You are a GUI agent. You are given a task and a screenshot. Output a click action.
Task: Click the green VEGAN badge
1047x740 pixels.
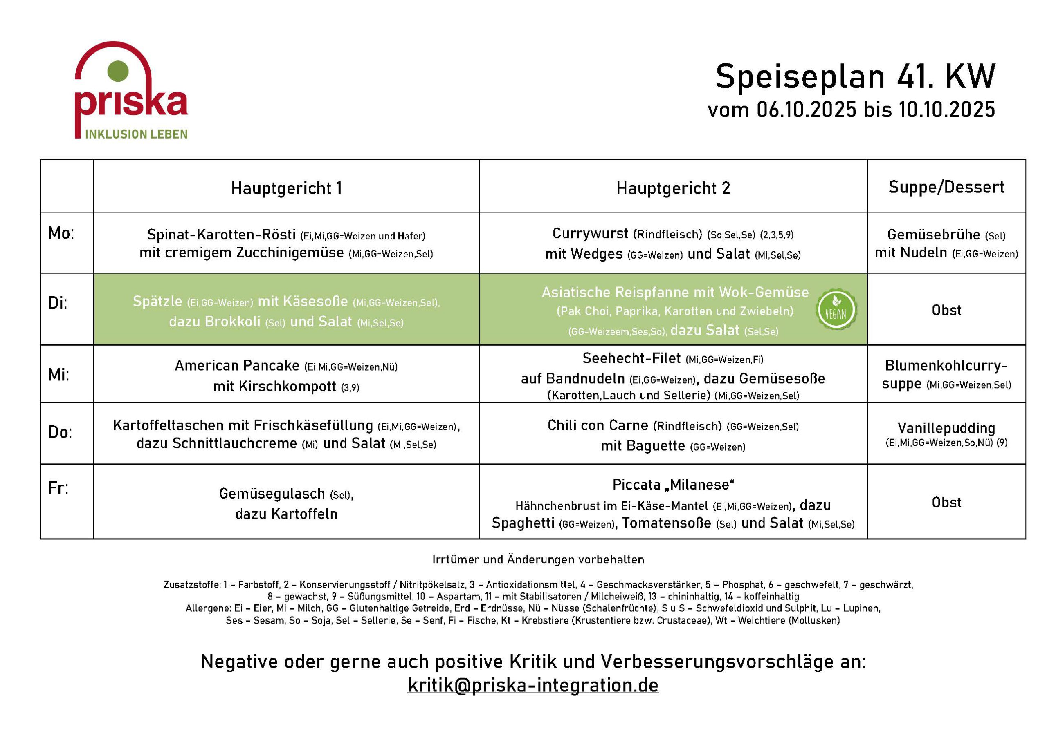coord(836,309)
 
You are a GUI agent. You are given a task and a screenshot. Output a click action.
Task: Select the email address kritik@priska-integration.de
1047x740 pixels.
coord(533,685)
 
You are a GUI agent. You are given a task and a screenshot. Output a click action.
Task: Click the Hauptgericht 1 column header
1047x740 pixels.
coord(286,188)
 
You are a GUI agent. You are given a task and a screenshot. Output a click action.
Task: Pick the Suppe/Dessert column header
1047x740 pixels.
coord(946,187)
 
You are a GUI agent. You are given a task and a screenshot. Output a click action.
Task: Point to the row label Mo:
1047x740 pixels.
coord(61,233)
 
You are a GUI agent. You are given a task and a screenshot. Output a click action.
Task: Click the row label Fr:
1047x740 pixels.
coord(58,487)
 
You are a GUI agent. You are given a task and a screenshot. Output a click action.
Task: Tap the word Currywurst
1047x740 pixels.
coord(590,233)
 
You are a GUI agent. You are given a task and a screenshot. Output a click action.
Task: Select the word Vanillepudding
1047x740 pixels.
coord(946,428)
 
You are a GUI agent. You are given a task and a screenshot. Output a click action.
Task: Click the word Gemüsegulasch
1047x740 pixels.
coord(272,493)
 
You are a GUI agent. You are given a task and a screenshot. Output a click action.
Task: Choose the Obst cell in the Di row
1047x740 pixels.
coord(946,310)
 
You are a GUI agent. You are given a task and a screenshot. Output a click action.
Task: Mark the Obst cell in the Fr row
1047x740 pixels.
coord(946,502)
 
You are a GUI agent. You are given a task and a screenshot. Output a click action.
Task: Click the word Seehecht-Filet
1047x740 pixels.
coord(631,358)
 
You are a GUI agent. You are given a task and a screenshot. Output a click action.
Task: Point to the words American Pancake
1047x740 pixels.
coord(237,365)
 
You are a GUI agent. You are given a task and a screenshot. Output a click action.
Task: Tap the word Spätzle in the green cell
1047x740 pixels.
coord(157,301)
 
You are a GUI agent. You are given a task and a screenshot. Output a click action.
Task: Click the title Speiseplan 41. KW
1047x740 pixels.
coord(855,76)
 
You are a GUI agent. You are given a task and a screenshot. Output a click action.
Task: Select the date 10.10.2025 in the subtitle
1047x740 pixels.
coord(947,110)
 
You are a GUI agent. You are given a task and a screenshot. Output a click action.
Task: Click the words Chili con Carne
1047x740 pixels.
coord(598,425)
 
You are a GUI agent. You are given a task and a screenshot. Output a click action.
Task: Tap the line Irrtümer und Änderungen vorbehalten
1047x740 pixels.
coord(538,559)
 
